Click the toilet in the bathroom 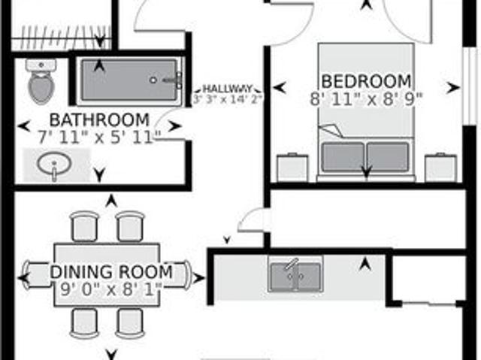pyautogui.click(x=41, y=83)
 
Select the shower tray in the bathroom pyautogui.click(x=130, y=80)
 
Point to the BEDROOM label pyautogui.click(x=366, y=80)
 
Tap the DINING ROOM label pyautogui.click(x=111, y=271)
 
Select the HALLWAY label pyautogui.click(x=227, y=88)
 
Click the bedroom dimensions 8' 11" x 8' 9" pyautogui.click(x=366, y=97)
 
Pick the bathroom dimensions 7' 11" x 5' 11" pyautogui.click(x=99, y=137)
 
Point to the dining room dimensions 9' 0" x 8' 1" pyautogui.click(x=111, y=289)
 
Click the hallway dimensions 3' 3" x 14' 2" pyautogui.click(x=227, y=98)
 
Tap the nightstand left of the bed pyautogui.click(x=292, y=167)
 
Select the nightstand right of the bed pyautogui.click(x=440, y=167)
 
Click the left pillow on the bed pyautogui.click(x=343, y=156)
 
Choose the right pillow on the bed pyautogui.click(x=388, y=156)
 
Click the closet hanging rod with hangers pyautogui.click(x=62, y=35)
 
